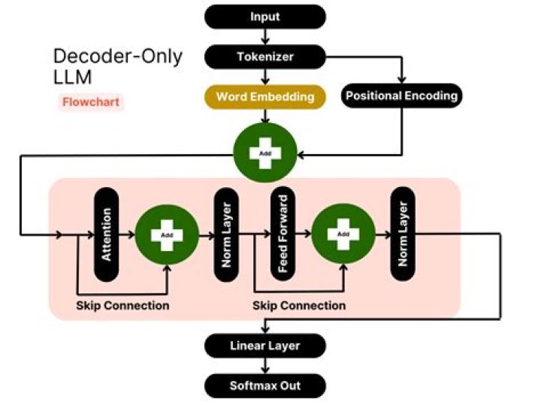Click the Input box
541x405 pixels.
click(x=265, y=16)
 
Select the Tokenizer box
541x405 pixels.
click(x=265, y=56)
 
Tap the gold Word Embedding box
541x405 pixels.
click(x=265, y=96)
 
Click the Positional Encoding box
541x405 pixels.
click(x=401, y=96)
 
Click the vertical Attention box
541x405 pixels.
click(x=107, y=235)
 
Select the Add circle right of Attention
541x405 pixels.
click(x=167, y=235)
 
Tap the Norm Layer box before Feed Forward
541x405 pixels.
click(x=225, y=235)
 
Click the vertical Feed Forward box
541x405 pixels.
click(x=283, y=235)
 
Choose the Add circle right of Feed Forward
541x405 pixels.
click(x=343, y=235)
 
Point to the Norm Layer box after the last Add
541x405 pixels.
click(x=402, y=235)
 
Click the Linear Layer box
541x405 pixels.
click(x=265, y=346)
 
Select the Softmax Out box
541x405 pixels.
click(x=265, y=386)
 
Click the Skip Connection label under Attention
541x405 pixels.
click(x=122, y=306)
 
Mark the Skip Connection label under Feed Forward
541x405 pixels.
click(x=299, y=306)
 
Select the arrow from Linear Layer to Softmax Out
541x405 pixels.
click(x=265, y=366)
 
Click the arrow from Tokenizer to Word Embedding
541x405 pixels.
click(x=265, y=76)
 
